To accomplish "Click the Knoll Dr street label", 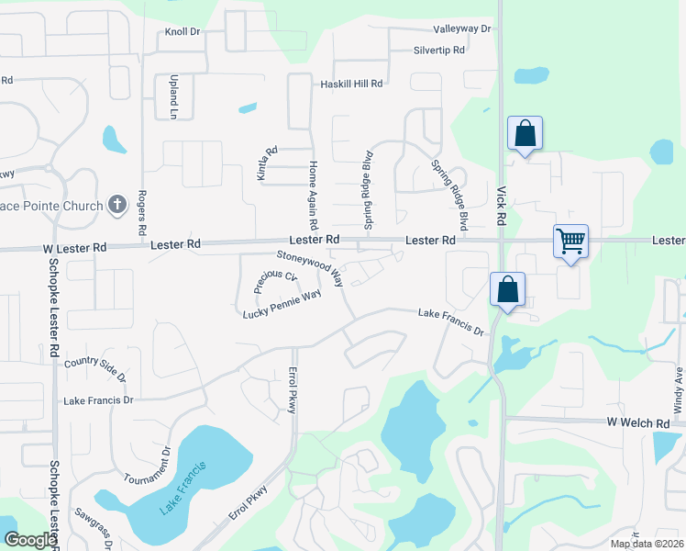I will [x=183, y=32].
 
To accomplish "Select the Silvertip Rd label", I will [x=439, y=51].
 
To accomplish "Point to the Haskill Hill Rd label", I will [x=350, y=84].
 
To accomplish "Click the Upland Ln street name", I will [x=172, y=96].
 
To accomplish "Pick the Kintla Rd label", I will [x=267, y=164].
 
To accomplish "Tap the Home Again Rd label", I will [x=313, y=196].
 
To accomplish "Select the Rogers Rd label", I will [x=142, y=211].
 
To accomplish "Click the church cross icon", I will [x=116, y=205].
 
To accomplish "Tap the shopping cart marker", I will [x=570, y=242].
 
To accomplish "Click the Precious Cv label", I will [x=279, y=276].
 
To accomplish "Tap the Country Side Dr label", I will [x=95, y=368].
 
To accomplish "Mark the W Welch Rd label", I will [x=638, y=422].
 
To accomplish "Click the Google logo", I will [x=30, y=540].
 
